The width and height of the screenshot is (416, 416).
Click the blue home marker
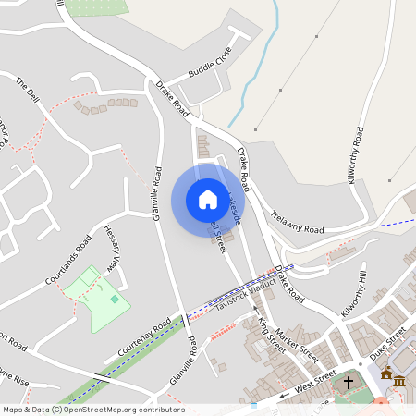point(207,200)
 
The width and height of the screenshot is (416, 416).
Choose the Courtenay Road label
point(144,339)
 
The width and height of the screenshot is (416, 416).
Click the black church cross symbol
point(349,381)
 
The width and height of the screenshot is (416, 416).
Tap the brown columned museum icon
point(385,379)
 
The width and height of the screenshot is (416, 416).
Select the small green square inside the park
point(115,298)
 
